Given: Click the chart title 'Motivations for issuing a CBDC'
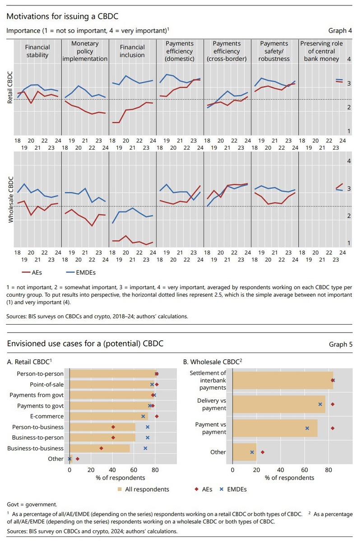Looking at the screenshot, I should tap(63, 17).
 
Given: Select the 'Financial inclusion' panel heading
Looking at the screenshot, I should tap(132, 51).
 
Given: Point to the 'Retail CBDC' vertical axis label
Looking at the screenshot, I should tap(9, 87).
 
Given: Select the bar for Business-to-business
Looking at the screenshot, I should tap(100, 448).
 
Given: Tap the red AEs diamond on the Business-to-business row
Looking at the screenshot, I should tap(101, 448).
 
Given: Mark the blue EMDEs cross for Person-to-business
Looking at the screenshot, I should tap(148, 426).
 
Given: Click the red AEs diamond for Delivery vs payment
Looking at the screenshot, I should tap(333, 405).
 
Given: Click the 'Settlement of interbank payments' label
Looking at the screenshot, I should tap(208, 380).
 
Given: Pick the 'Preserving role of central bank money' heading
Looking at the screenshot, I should tap(322, 51).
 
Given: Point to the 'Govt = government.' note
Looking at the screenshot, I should tap(32, 504).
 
